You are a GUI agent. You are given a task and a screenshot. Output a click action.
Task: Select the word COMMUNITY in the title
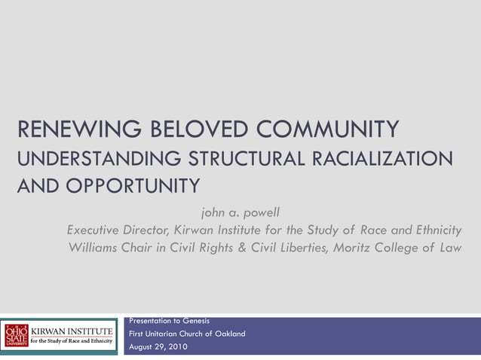tap(329, 130)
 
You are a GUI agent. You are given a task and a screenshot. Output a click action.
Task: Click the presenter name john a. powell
tap(240, 212)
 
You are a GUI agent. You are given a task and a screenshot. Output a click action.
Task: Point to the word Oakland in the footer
tap(229, 334)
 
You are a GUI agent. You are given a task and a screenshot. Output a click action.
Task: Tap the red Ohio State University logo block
tap(15, 334)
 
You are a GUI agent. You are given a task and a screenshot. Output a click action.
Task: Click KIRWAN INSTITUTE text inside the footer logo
tap(71, 330)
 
